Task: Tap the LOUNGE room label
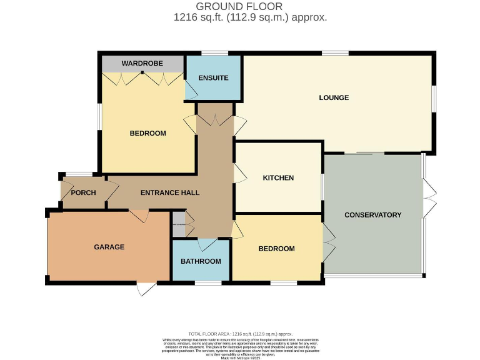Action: [334, 97]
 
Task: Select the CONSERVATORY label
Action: [372, 215]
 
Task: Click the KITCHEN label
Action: [278, 178]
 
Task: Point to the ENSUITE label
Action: [213, 78]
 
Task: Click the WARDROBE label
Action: [142, 64]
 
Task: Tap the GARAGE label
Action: [109, 247]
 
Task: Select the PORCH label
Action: [83, 192]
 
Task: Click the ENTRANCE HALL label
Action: [170, 192]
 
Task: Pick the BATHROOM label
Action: [201, 261]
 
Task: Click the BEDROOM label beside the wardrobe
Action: [148, 133]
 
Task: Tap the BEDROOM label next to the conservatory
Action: [276, 249]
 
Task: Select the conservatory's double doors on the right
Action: [429, 198]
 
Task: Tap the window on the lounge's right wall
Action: [434, 100]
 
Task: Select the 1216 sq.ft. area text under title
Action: [250, 17]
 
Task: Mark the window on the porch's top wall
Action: [79, 174]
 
